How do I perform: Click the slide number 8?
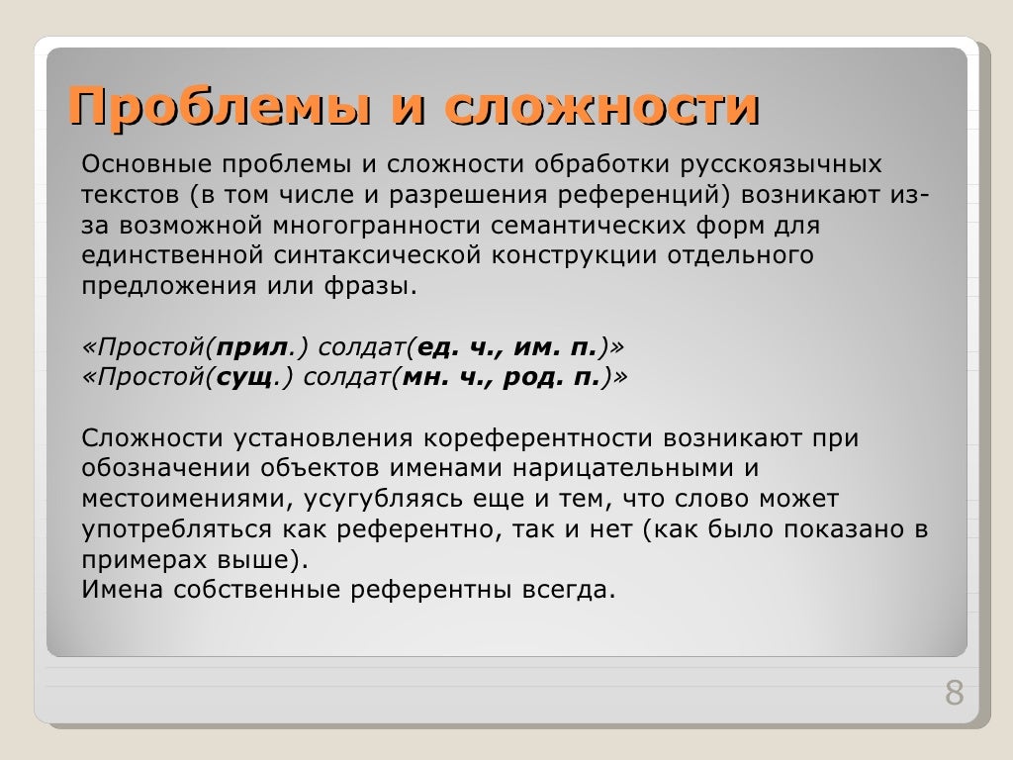click(x=954, y=694)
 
